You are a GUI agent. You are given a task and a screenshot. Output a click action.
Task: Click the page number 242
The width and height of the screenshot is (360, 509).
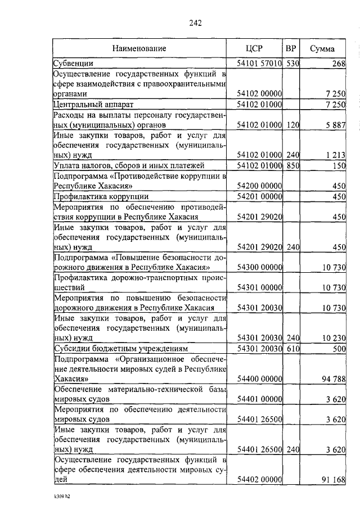pyautogui.click(x=195, y=23)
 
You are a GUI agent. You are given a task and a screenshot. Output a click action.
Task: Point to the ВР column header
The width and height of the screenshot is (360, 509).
pyautogui.click(x=291, y=48)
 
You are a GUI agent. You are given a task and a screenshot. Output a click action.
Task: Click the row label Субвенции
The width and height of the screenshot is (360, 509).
pyautogui.click(x=74, y=64)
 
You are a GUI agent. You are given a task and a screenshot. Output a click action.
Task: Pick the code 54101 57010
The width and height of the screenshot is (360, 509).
pyautogui.click(x=259, y=64)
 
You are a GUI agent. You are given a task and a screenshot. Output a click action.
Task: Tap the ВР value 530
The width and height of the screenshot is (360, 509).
pyautogui.click(x=292, y=64)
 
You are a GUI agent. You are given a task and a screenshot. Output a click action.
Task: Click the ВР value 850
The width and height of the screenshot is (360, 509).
pyautogui.click(x=292, y=165)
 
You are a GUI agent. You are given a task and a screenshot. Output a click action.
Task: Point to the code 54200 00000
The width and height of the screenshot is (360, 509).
pyautogui.click(x=259, y=186)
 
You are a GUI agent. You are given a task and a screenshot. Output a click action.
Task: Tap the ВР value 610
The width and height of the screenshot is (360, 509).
pyautogui.click(x=292, y=349)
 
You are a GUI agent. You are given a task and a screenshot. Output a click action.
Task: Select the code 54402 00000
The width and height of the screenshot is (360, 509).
pyautogui.click(x=259, y=480)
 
